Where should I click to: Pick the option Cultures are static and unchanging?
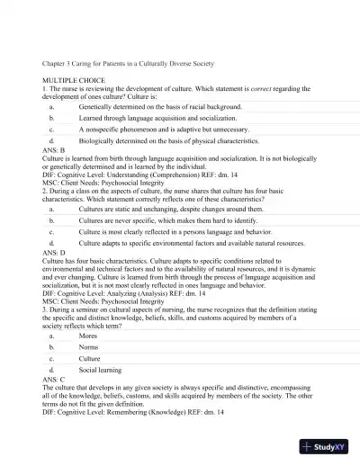click(166, 208)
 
